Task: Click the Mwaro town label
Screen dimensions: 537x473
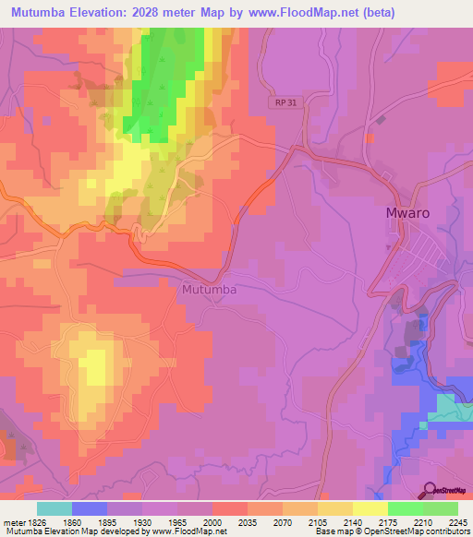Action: pyautogui.click(x=406, y=212)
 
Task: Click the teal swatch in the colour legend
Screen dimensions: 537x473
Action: pyautogui.click(x=55, y=508)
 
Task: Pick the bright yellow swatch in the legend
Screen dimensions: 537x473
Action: pyautogui.click(x=370, y=508)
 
